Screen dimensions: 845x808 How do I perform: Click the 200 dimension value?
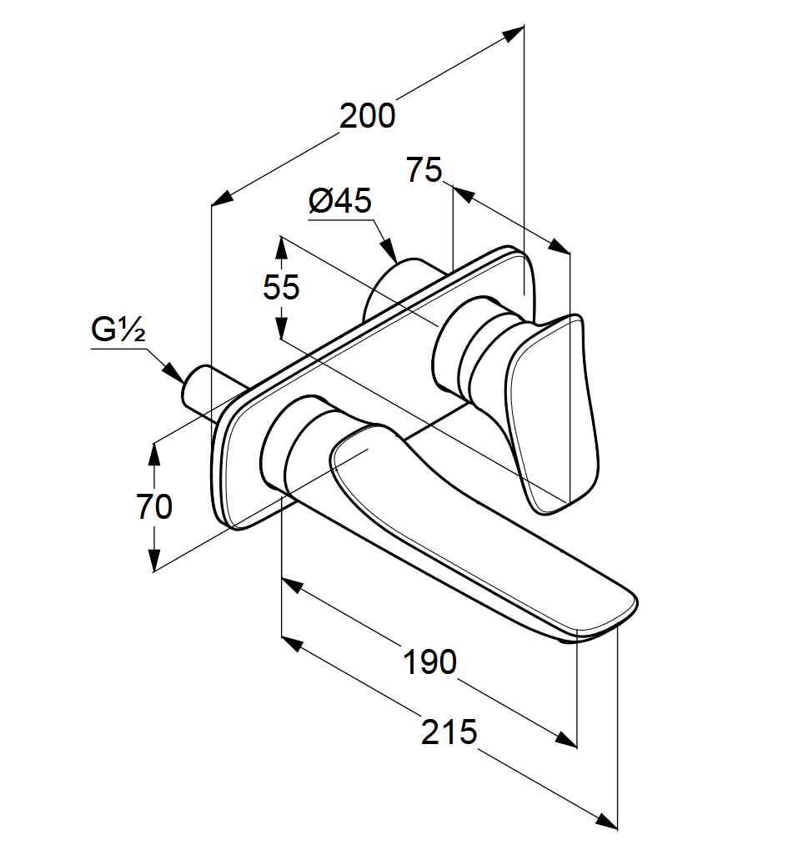click(x=367, y=116)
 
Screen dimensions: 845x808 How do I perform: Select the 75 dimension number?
click(x=424, y=170)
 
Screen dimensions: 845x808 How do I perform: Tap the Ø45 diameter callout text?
click(x=339, y=201)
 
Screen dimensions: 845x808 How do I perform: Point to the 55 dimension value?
click(x=281, y=288)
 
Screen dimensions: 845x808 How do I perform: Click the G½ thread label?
click(x=118, y=331)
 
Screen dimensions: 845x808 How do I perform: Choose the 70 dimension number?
click(x=154, y=506)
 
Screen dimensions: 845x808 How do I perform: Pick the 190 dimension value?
click(x=430, y=662)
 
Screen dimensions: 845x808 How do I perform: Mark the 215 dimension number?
click(x=449, y=732)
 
